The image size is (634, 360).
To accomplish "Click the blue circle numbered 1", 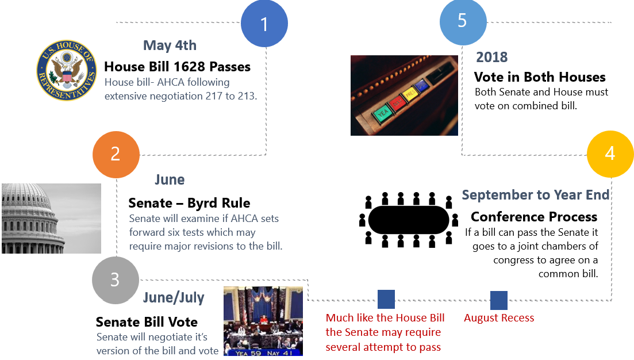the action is pos(264,24).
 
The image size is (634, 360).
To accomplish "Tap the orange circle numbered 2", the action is pos(116,155).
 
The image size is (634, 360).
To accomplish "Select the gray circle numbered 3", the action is pos(116,280).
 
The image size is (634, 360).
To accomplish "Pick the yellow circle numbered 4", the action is pos(610,154).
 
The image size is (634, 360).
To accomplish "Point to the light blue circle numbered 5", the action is pos(463,22).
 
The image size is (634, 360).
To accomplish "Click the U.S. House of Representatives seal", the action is pos(67,70).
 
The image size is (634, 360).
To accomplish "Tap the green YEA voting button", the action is pos(382,113).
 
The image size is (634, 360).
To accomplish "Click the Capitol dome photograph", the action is pos(51,219).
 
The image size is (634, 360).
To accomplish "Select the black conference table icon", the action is pos(409,220).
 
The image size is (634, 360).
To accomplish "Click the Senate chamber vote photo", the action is pos(263,321).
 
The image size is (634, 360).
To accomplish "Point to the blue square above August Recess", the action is pos(499,301).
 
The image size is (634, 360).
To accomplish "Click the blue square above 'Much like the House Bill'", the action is pos(386,299).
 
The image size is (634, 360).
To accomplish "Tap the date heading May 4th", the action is pos(170,45).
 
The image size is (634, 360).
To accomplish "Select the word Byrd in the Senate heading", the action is pos(203,202).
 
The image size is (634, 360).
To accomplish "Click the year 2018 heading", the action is pos(491,57).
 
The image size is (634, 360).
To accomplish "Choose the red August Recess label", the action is pos(499,318).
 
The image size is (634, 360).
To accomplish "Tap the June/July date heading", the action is pos(174,298).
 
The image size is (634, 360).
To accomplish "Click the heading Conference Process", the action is pos(534,217).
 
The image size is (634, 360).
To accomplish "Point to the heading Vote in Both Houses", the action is pos(540,77).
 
